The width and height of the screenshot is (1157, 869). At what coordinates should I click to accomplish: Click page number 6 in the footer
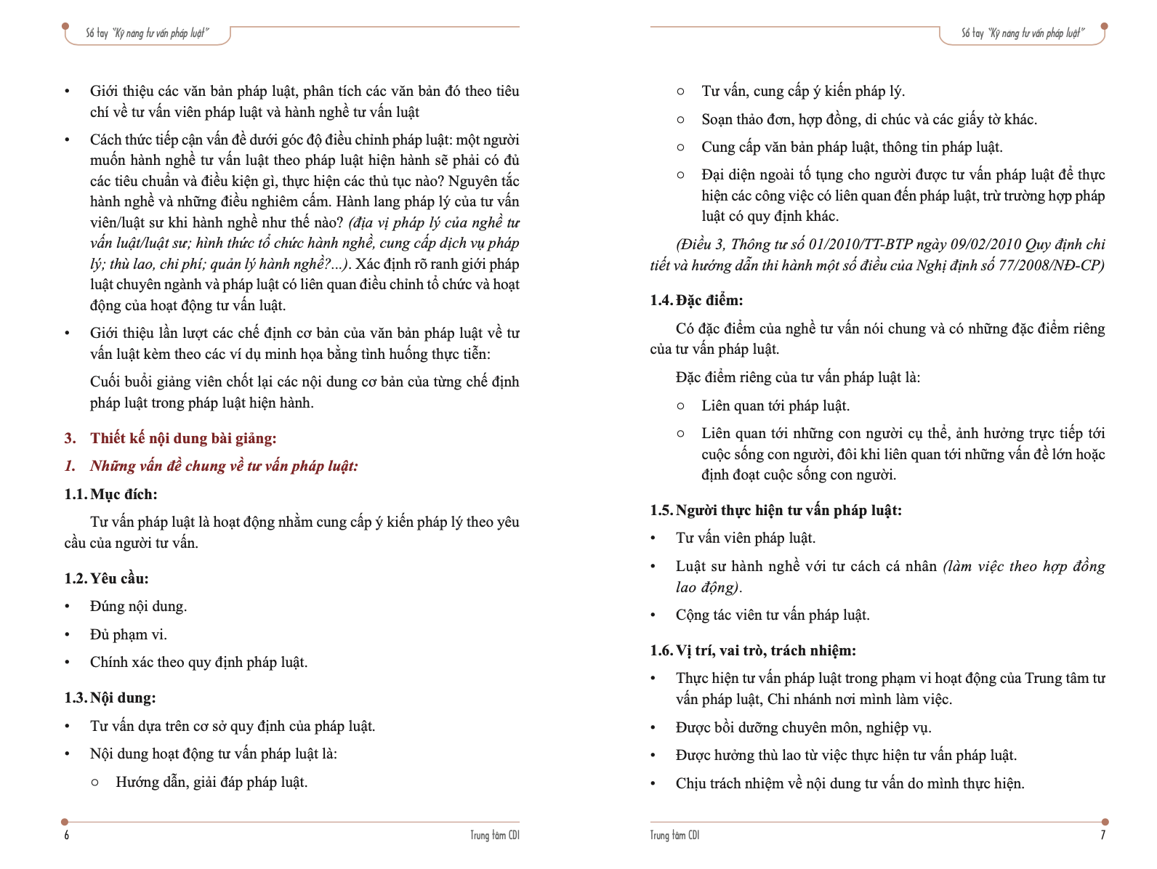[67, 835]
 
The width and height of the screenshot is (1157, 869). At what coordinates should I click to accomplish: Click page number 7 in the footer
[1102, 835]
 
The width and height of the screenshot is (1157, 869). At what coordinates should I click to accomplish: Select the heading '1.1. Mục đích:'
[110, 494]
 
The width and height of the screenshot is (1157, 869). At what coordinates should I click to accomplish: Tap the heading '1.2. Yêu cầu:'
[106, 578]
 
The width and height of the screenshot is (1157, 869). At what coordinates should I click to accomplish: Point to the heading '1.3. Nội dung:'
[110, 698]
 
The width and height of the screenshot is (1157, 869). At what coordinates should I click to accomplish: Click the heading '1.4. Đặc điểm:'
[696, 300]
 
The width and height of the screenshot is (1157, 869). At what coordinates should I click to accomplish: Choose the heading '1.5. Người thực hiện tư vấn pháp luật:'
[775, 510]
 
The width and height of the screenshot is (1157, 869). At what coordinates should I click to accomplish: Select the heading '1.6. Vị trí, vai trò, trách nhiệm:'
[753, 650]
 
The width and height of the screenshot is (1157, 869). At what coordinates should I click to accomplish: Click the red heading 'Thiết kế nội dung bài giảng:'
[183, 438]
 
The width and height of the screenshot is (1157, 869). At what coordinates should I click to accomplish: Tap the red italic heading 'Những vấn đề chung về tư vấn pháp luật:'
[224, 466]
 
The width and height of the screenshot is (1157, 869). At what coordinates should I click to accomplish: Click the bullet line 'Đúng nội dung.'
[138, 606]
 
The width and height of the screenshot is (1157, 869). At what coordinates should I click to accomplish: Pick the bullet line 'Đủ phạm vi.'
[129, 634]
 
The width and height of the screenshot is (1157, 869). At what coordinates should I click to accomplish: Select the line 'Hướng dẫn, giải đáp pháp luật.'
[211, 782]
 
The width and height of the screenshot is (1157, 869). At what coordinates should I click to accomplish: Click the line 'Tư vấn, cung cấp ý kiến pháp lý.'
[803, 91]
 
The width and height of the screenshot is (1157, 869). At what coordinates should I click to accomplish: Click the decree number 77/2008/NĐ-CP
[1052, 265]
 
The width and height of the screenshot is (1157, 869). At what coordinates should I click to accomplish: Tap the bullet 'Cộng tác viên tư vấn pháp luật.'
[773, 615]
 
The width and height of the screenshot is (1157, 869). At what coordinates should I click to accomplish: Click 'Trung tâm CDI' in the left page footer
[494, 835]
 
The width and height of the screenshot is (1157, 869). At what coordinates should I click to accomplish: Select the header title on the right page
[1023, 33]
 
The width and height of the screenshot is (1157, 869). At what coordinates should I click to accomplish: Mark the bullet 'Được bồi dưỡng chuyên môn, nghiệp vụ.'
[803, 727]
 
